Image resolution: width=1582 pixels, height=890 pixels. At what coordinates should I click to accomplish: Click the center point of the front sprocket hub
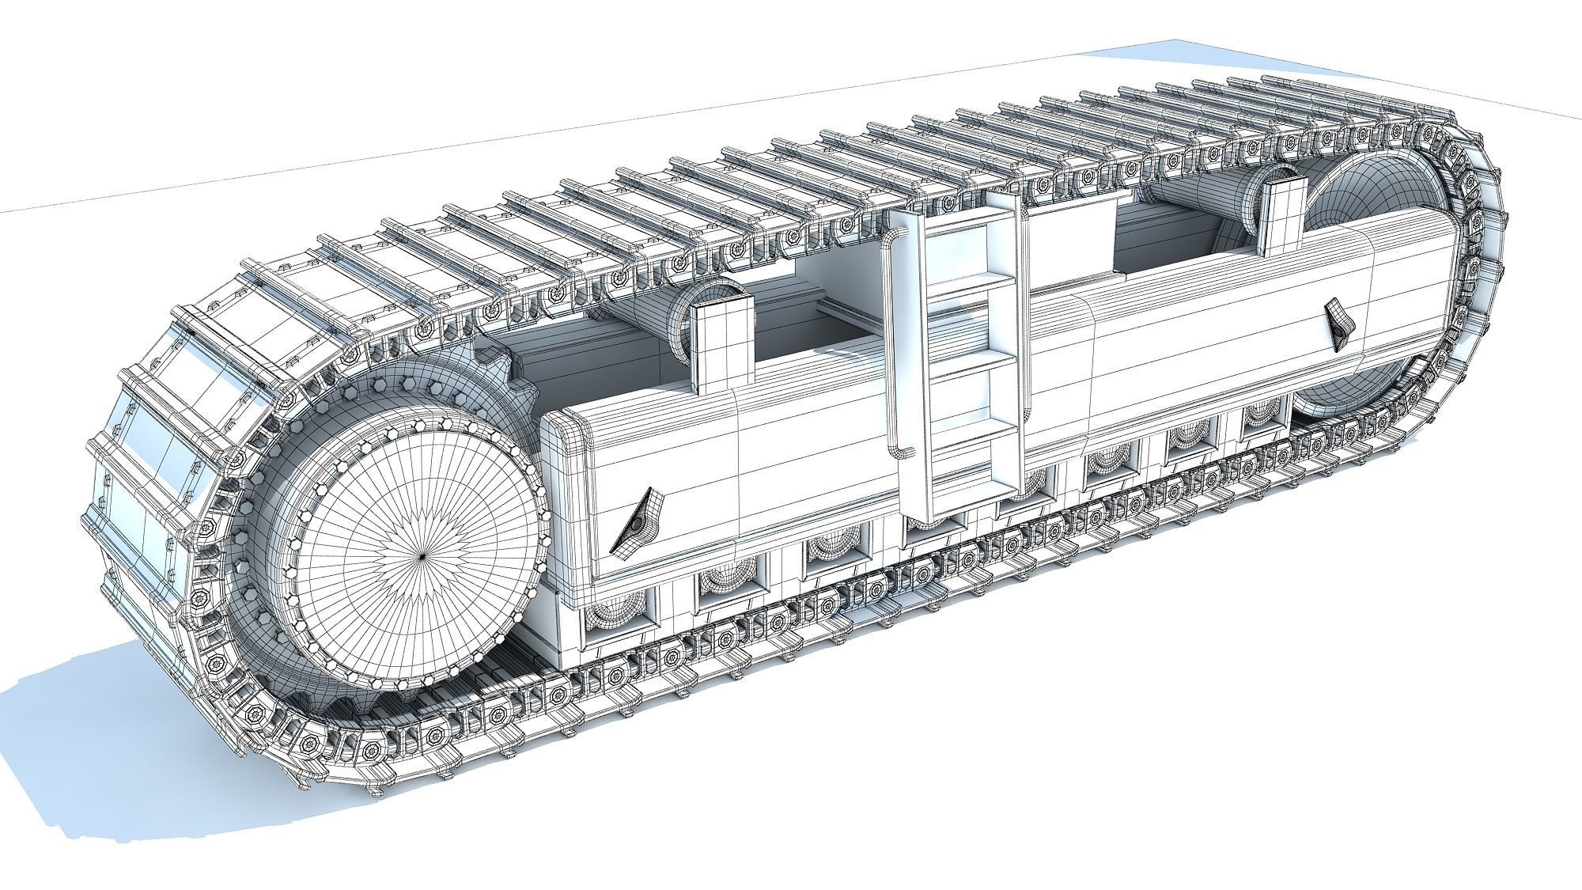click(x=421, y=556)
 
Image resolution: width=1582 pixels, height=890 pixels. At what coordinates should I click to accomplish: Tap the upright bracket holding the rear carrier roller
click(x=1283, y=214)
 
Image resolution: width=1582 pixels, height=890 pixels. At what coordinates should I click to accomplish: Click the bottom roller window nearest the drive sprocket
click(x=618, y=618)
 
